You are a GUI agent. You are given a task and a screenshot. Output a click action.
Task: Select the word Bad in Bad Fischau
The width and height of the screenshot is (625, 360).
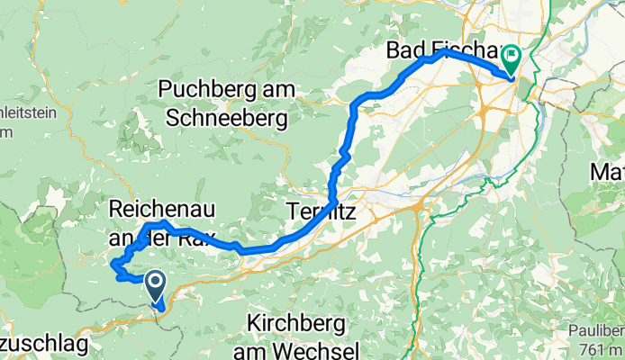405,50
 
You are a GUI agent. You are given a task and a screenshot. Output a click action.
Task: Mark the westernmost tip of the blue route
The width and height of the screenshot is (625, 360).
111,265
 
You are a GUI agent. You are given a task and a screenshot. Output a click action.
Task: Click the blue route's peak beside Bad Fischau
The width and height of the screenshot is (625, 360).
443,51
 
